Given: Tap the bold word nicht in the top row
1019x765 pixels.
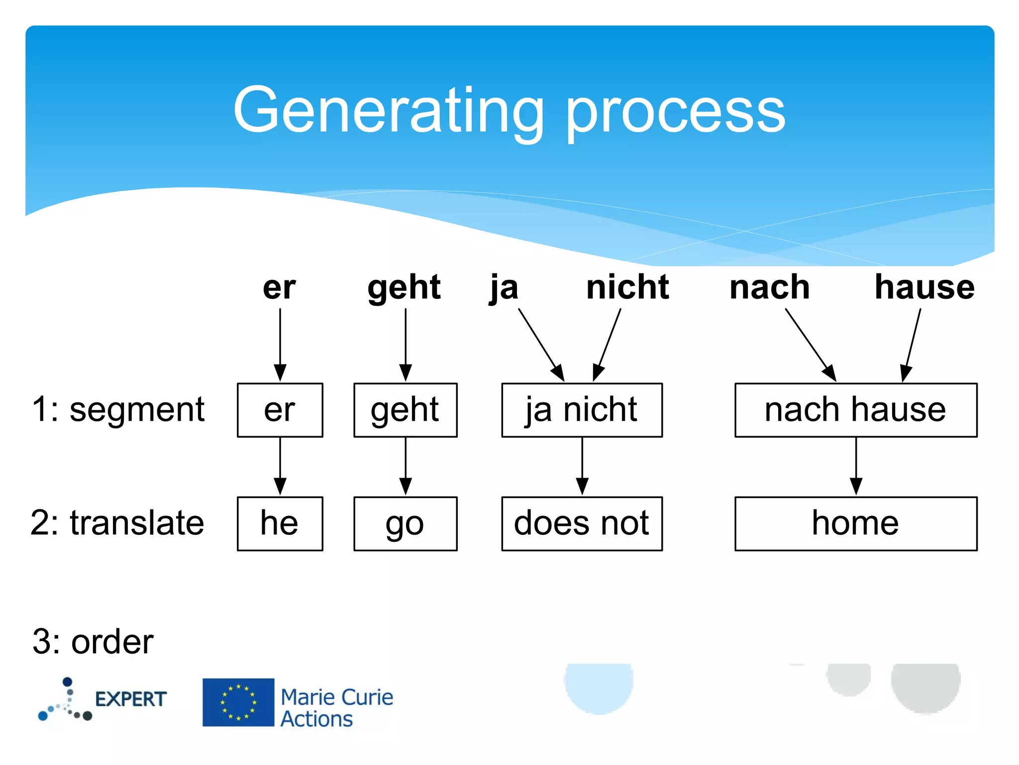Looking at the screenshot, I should click(627, 287).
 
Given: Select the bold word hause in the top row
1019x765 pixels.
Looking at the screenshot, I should click(924, 287).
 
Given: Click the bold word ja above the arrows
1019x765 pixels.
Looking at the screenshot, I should click(504, 288).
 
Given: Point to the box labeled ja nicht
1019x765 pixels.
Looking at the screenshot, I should click(582, 410).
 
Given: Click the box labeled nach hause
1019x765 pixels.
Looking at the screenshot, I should click(856, 410).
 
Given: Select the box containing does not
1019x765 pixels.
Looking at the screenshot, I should click(582, 523).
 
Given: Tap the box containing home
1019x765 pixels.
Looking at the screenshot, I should click(856, 523).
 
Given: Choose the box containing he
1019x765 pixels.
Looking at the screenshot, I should click(280, 523).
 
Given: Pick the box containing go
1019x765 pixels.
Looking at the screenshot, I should click(405, 523).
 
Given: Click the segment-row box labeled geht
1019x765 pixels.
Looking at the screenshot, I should click(405, 410).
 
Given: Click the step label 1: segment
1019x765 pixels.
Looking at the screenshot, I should click(118, 410).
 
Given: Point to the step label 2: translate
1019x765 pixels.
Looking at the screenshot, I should click(117, 523).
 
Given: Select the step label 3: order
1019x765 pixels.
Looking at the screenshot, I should click(93, 641).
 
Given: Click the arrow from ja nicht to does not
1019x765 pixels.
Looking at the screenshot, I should click(582, 466).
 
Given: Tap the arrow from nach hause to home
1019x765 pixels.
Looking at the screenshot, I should click(856, 466).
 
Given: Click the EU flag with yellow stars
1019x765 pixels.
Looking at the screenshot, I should click(238, 702).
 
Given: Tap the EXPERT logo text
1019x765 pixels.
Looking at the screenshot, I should click(131, 699).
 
